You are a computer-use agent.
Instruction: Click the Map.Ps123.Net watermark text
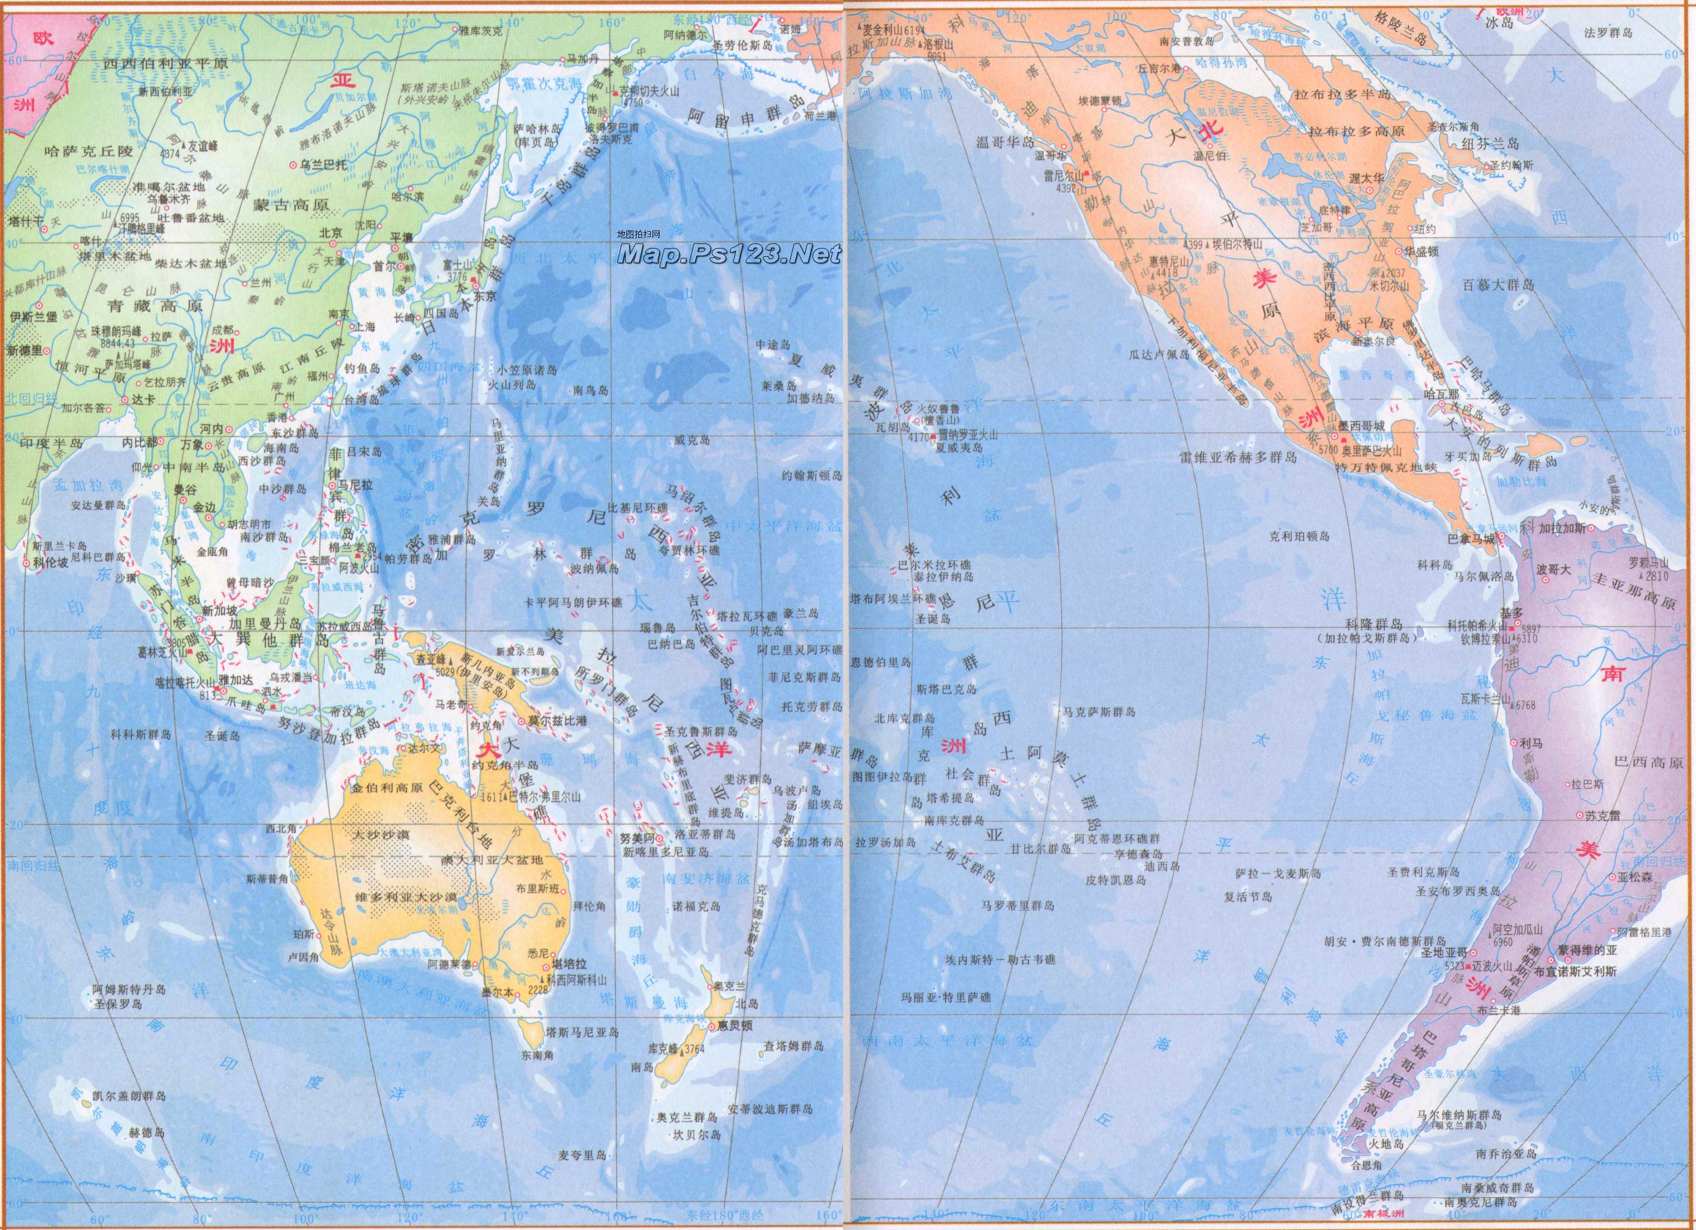click(x=729, y=255)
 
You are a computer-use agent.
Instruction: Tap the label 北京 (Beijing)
click(x=330, y=233)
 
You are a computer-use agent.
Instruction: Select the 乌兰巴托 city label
click(x=323, y=165)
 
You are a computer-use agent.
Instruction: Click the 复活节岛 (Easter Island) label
click(x=1247, y=897)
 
